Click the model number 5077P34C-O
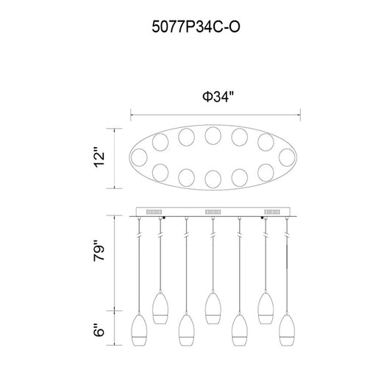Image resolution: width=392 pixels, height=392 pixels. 196,26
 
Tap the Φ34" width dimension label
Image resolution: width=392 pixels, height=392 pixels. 218,97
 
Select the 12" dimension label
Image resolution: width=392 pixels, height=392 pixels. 99,159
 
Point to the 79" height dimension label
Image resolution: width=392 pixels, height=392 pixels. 99,251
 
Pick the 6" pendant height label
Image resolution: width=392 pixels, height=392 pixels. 99,330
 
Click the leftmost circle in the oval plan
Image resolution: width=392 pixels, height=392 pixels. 139,157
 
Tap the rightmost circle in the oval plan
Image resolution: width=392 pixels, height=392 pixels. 287,157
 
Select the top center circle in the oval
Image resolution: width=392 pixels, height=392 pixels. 213,136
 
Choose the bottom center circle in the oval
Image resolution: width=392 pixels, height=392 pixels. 213,179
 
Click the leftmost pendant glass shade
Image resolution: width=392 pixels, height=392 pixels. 139,329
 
